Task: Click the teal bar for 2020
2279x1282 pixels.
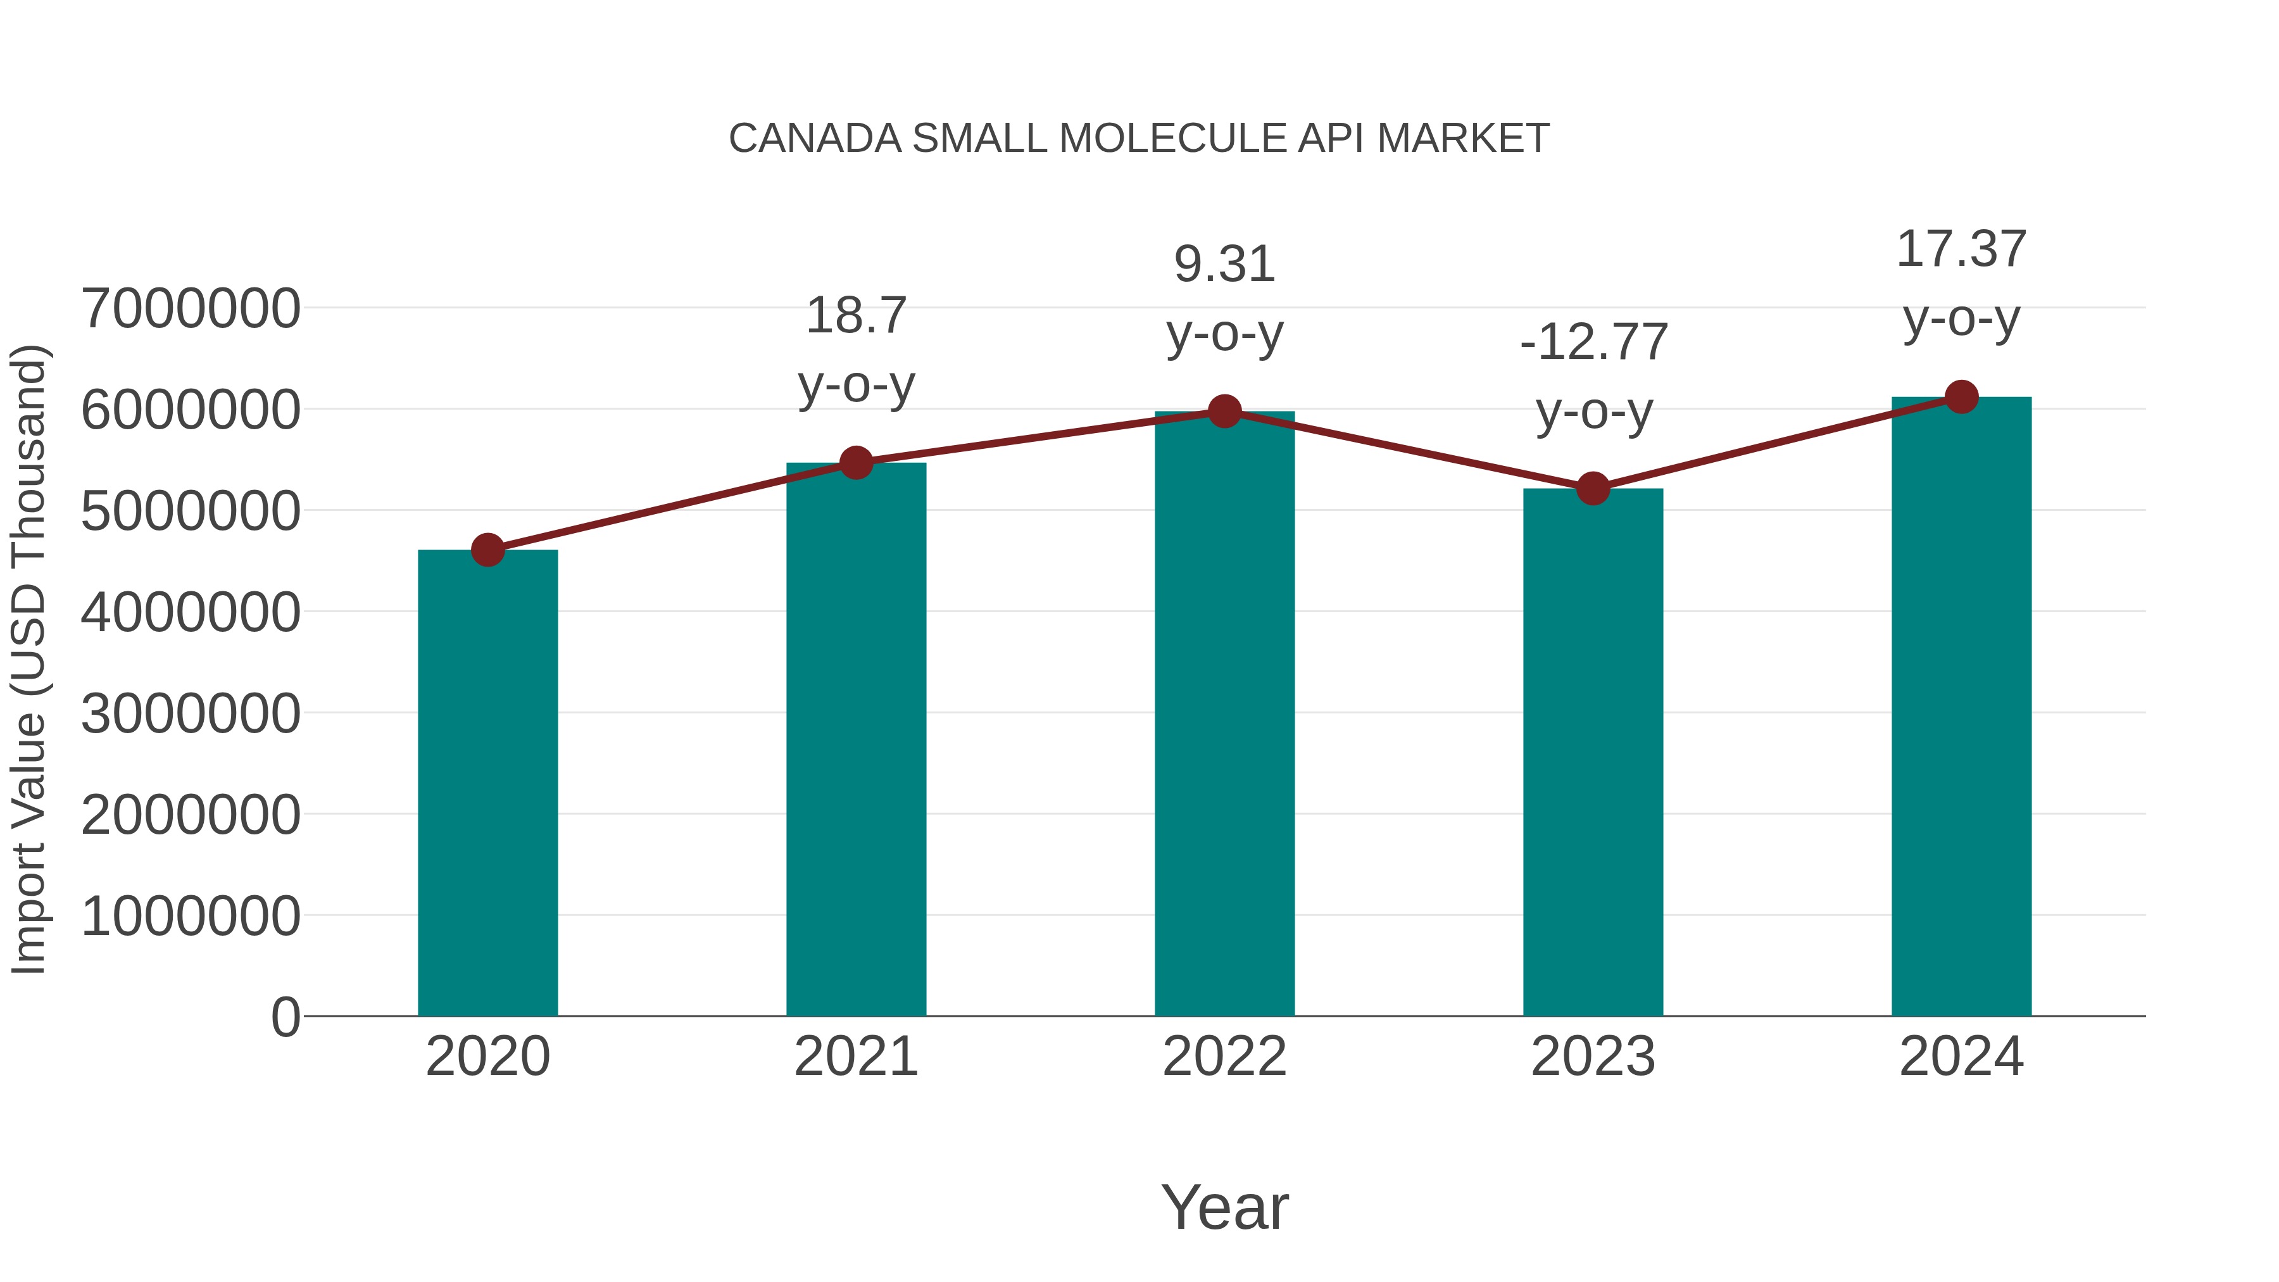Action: tap(487, 783)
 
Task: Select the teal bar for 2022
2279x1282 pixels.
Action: tap(1224, 713)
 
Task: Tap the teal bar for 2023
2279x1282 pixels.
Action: tap(1593, 752)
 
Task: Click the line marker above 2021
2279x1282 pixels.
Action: tap(855, 462)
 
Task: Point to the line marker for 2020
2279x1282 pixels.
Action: tap(487, 550)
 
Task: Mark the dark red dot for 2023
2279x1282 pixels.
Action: tap(1593, 487)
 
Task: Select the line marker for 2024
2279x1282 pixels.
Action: tap(1961, 396)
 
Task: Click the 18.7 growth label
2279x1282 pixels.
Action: tap(855, 315)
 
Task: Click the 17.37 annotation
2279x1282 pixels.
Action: tap(1961, 249)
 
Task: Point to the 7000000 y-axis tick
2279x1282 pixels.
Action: tap(190, 309)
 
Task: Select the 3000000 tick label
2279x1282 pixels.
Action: tap(190, 713)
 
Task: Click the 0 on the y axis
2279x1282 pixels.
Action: tap(285, 1017)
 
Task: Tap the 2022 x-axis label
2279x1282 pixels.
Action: tap(1224, 1057)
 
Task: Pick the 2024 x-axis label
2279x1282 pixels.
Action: tap(1961, 1057)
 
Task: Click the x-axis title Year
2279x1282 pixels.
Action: tap(1224, 1207)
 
